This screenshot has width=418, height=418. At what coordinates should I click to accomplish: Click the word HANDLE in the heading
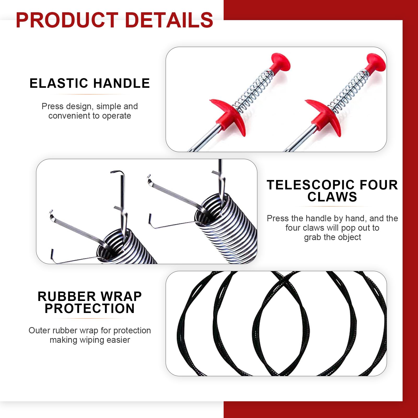pos(121,83)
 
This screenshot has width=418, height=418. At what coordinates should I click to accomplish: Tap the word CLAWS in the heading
pos(332,197)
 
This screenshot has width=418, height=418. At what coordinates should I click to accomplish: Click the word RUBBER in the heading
pos(67,297)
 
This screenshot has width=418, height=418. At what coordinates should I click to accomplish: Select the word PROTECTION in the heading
pos(90,309)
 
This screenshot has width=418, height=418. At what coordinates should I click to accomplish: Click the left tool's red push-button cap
pos(280,62)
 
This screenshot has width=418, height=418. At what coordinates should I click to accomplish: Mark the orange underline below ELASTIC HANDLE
pos(90,94)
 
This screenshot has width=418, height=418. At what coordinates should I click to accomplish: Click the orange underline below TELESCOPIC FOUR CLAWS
pos(332,207)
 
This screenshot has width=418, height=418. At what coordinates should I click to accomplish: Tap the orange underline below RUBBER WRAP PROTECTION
pos(90,318)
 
